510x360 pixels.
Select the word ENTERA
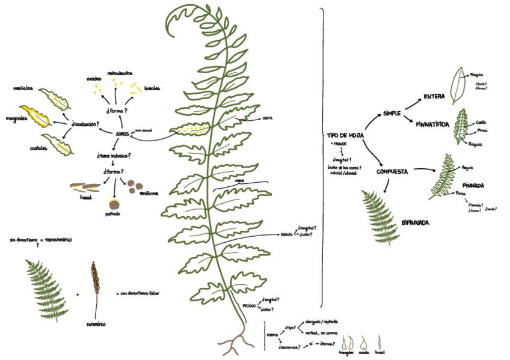[434, 96]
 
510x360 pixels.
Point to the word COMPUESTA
[392, 171]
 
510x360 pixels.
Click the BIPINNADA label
[415, 222]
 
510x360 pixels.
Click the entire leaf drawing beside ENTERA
[460, 84]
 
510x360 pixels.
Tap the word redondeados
[120, 73]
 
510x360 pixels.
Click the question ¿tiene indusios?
[114, 155]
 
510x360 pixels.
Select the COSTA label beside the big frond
[268, 118]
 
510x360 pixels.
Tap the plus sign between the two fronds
[78, 294]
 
